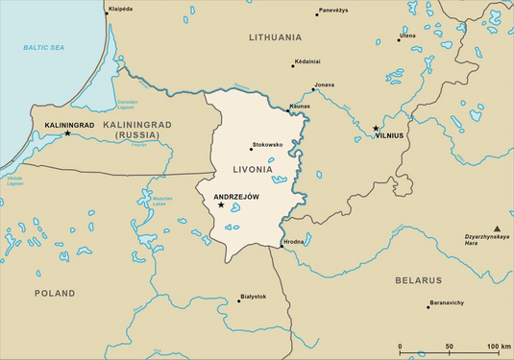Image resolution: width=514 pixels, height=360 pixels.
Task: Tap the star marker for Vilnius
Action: (x=377, y=128)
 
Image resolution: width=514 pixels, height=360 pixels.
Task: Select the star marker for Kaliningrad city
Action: (x=67, y=132)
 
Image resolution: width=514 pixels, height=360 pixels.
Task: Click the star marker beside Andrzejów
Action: (x=221, y=204)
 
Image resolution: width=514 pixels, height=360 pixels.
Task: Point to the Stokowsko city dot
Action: (x=251, y=150)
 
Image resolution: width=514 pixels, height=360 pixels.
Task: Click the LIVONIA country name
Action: (x=253, y=169)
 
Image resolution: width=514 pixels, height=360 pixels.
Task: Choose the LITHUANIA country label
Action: (x=275, y=37)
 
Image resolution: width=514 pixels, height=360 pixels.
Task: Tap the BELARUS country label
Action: (x=418, y=280)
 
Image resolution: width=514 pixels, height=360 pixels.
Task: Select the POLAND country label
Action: (x=54, y=292)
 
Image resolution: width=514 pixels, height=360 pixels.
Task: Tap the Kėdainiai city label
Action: (x=308, y=60)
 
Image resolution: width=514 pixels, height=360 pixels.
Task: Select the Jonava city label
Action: (x=324, y=84)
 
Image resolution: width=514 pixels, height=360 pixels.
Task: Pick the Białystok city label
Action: (x=254, y=297)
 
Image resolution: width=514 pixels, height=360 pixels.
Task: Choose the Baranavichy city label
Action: (x=446, y=302)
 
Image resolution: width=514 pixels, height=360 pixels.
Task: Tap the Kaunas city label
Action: (x=298, y=106)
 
